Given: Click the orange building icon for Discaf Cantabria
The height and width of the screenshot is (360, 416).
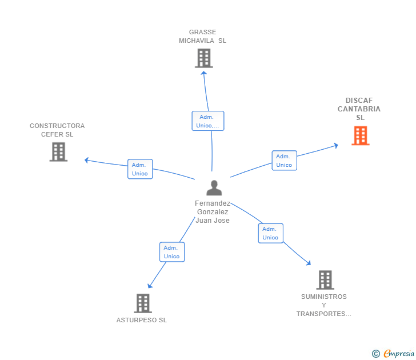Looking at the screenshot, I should point(360,135).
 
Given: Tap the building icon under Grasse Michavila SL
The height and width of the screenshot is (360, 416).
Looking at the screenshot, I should point(203,58).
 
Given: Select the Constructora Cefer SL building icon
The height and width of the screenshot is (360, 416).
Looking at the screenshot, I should point(58,152).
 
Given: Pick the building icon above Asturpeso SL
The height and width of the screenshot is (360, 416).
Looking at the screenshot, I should point(143,303).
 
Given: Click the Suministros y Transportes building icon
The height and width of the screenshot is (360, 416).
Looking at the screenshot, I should point(325,280).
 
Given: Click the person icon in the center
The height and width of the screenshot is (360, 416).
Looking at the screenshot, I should point(214,188).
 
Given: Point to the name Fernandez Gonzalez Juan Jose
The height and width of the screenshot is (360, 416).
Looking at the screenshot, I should point(213,212).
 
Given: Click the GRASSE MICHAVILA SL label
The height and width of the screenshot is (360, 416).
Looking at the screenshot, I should point(202,37).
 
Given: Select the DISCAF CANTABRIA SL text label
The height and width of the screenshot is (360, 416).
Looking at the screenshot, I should point(359,109).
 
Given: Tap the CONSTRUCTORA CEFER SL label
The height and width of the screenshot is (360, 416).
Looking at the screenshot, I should point(57,130).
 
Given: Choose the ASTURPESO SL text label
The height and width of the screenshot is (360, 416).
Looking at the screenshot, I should point(142,321).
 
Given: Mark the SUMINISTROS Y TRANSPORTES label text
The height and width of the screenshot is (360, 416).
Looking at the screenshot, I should point(323,305).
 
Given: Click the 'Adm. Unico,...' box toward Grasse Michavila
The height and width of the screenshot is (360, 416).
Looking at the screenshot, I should point(207,121).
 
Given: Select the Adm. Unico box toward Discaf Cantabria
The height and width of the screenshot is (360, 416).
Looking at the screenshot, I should point(284,161).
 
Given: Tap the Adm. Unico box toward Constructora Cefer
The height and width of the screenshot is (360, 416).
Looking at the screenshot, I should point(140,169).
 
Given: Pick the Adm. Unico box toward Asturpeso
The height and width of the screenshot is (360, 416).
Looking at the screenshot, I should point(172,252).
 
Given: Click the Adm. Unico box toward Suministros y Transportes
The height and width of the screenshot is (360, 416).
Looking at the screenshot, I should point(270,233).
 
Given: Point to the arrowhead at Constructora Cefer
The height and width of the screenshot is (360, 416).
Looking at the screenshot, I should point(87,160).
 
